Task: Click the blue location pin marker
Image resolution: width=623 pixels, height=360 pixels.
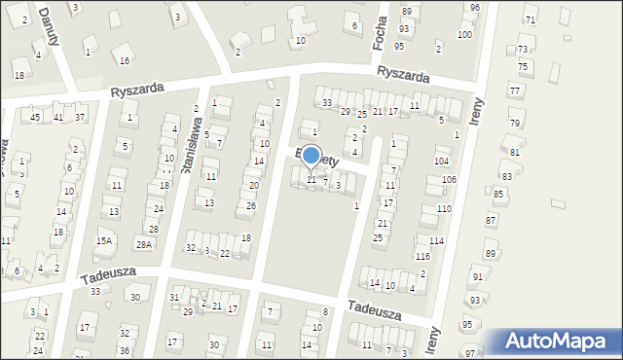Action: (x=311, y=156)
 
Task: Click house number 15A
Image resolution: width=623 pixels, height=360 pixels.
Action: (x=104, y=240)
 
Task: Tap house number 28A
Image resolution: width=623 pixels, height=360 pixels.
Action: (x=144, y=244)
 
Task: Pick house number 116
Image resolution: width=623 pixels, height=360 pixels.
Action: (x=422, y=256)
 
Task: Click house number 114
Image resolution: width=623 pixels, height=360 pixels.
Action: (x=436, y=240)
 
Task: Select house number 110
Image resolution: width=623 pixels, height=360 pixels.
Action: (x=444, y=209)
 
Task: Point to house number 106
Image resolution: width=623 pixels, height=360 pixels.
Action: (x=449, y=180)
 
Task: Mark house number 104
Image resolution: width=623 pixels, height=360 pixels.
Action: (x=441, y=161)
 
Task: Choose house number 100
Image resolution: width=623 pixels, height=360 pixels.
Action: (x=464, y=34)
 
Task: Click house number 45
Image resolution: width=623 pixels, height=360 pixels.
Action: (x=35, y=118)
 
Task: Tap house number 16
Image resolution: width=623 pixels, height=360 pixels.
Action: (x=124, y=60)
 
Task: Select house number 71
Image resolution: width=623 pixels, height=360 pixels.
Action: (x=530, y=19)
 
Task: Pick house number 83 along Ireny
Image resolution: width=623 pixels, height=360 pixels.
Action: (x=506, y=176)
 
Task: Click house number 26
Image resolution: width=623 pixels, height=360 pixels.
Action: (x=251, y=205)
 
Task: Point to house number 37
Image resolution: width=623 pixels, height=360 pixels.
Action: (x=80, y=118)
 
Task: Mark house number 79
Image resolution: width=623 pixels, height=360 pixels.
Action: (x=514, y=124)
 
